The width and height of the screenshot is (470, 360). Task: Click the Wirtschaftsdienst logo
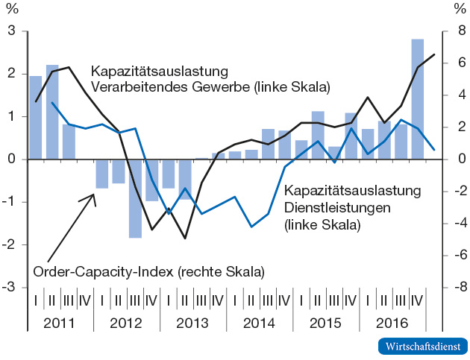pos(423,347)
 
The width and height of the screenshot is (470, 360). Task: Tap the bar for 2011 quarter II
pos(52,112)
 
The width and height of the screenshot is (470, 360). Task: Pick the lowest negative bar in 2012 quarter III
pos(135,198)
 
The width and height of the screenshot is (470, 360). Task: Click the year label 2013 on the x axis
pos(192,323)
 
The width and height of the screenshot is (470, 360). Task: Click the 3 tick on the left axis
pos(12,31)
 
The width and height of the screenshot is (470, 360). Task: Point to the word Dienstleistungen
pos(331,207)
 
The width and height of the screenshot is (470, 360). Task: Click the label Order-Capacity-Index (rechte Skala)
pos(149,271)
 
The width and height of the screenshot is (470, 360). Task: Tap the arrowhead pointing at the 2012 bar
pos(94,195)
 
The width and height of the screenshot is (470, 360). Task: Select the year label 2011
pos(60,323)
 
